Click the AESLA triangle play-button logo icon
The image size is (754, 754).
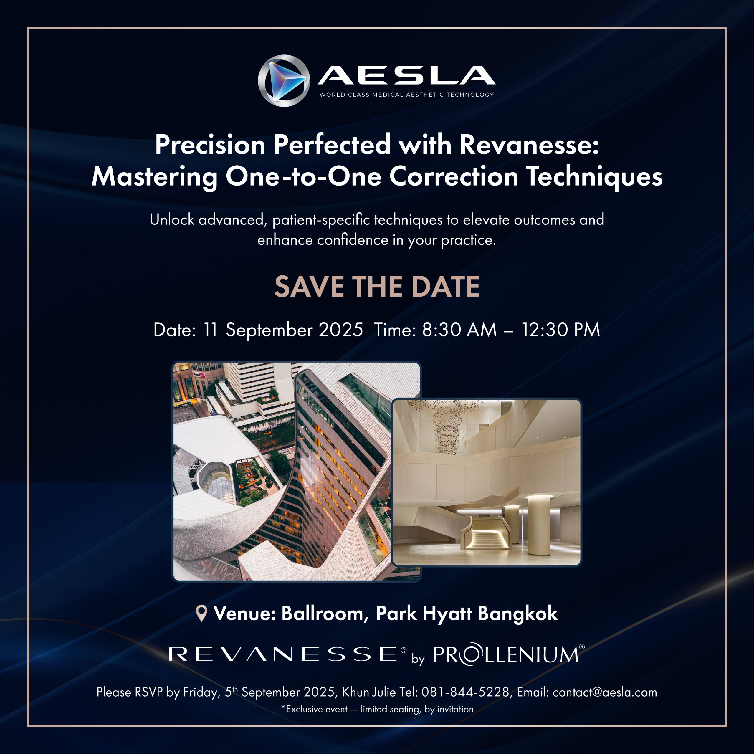(x=284, y=81)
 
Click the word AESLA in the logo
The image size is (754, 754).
(x=406, y=75)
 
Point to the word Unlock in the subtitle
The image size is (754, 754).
(x=172, y=220)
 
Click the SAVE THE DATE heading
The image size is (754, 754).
(x=377, y=287)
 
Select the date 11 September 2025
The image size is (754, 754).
(x=283, y=330)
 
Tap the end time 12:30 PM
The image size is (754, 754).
(x=561, y=330)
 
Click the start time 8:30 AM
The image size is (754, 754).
(x=459, y=330)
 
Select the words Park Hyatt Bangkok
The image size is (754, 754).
(x=467, y=614)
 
